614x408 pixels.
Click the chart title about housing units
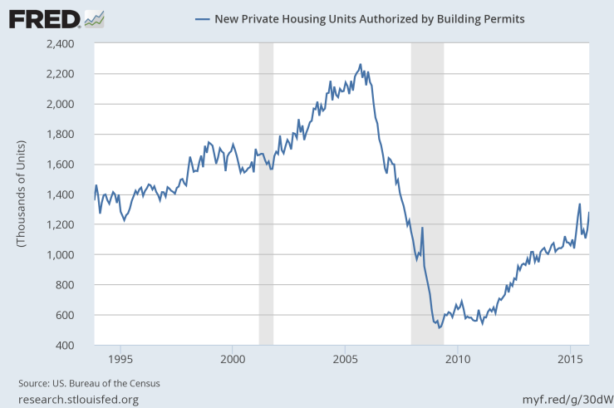369,17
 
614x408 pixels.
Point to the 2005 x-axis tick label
345,359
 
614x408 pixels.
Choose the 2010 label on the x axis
457,359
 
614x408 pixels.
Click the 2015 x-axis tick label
569,359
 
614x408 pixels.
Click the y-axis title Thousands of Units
22,194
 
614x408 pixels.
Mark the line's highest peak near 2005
360,64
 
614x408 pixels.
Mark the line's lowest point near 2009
439,327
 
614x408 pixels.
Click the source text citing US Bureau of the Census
89,383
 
